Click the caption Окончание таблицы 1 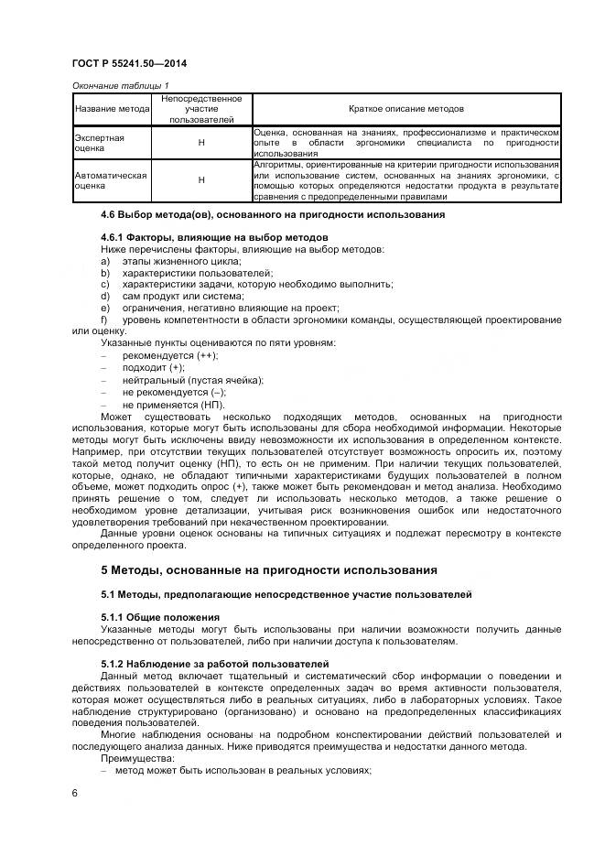coord(120,86)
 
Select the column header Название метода coord(111,109)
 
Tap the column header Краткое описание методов coord(405,109)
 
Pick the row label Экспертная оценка coord(99,142)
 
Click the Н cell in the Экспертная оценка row coord(200,143)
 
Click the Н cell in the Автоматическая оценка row coord(200,180)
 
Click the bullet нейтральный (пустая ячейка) coord(192,380)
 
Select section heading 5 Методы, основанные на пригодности coord(268,570)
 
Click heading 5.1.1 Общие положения coord(160,618)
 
